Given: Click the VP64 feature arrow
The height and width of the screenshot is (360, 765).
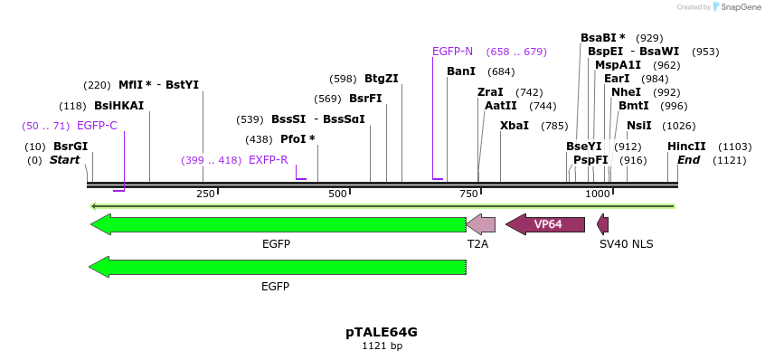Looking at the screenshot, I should (545, 224).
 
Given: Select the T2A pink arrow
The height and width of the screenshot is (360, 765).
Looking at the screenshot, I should (480, 224).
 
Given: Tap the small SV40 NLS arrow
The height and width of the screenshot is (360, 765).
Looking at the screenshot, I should (603, 224).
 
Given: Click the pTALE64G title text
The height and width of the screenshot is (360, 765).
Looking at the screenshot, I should (382, 332).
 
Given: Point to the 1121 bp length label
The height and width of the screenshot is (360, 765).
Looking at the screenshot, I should (382, 346).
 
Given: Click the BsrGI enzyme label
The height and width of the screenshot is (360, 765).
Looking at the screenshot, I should (71, 147).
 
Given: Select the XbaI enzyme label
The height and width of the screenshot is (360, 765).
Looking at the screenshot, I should (515, 126).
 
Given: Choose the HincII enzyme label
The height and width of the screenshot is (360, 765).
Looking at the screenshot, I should (686, 147).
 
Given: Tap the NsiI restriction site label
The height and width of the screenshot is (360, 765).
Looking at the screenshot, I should (638, 126).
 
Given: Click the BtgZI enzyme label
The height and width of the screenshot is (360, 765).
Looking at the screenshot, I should (382, 79).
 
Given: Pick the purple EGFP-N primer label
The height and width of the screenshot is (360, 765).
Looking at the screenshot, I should (452, 52).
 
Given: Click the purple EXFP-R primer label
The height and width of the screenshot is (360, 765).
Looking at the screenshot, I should (268, 160).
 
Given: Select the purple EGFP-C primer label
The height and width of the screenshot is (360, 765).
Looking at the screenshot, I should (97, 126).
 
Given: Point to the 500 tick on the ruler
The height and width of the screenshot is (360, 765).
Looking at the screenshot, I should (338, 194).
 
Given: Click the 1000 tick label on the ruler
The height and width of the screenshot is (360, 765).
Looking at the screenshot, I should (598, 194).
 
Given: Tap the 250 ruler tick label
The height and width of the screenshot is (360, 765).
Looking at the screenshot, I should (205, 194).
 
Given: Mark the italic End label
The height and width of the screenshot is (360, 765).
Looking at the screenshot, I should (688, 160).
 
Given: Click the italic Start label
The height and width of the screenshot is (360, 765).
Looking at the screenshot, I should (64, 160).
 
